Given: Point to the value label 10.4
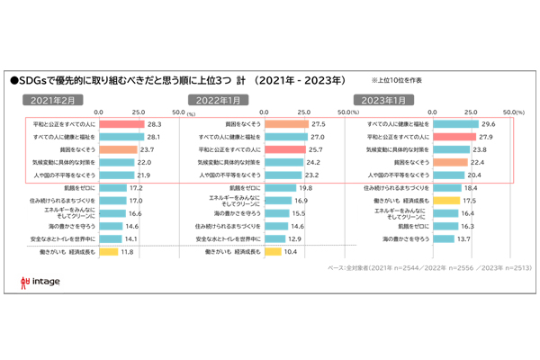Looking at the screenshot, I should coord(290,252).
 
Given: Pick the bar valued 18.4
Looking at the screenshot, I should coord(446,187).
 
